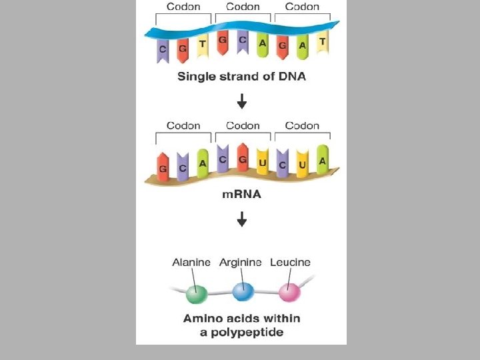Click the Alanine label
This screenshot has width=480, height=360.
click(191, 263)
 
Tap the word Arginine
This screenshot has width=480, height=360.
click(240, 263)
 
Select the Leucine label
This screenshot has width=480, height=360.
click(290, 263)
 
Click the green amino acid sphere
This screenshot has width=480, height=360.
click(197, 293)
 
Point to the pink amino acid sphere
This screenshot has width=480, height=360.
click(289, 292)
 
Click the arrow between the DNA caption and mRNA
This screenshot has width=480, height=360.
click(242, 101)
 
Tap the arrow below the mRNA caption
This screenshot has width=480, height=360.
click(242, 219)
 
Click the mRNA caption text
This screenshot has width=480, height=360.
click(241, 195)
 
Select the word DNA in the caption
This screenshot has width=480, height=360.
click(291, 77)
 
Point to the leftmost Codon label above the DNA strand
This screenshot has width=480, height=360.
click(183, 7)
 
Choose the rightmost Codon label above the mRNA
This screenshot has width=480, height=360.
click(302, 125)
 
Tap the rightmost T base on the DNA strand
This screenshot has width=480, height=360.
click(322, 42)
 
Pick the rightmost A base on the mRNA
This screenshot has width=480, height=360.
click(322, 161)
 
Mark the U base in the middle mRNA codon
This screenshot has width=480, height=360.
click(263, 164)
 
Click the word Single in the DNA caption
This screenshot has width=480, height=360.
click(196, 77)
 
